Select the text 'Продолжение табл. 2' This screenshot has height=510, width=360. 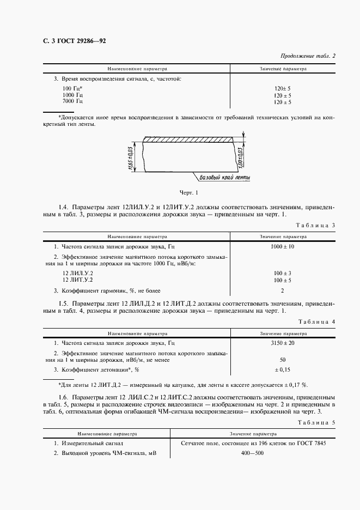(308, 56)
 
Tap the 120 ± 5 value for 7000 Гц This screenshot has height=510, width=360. (283, 102)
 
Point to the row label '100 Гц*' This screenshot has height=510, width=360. (72, 88)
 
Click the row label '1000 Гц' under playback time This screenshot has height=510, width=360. (73, 95)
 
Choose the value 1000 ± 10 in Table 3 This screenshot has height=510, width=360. (283, 246)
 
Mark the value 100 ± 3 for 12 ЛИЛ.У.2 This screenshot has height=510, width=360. (283, 272)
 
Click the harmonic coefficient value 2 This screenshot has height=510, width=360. (283, 290)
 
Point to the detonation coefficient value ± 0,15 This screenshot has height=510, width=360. (283, 370)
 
